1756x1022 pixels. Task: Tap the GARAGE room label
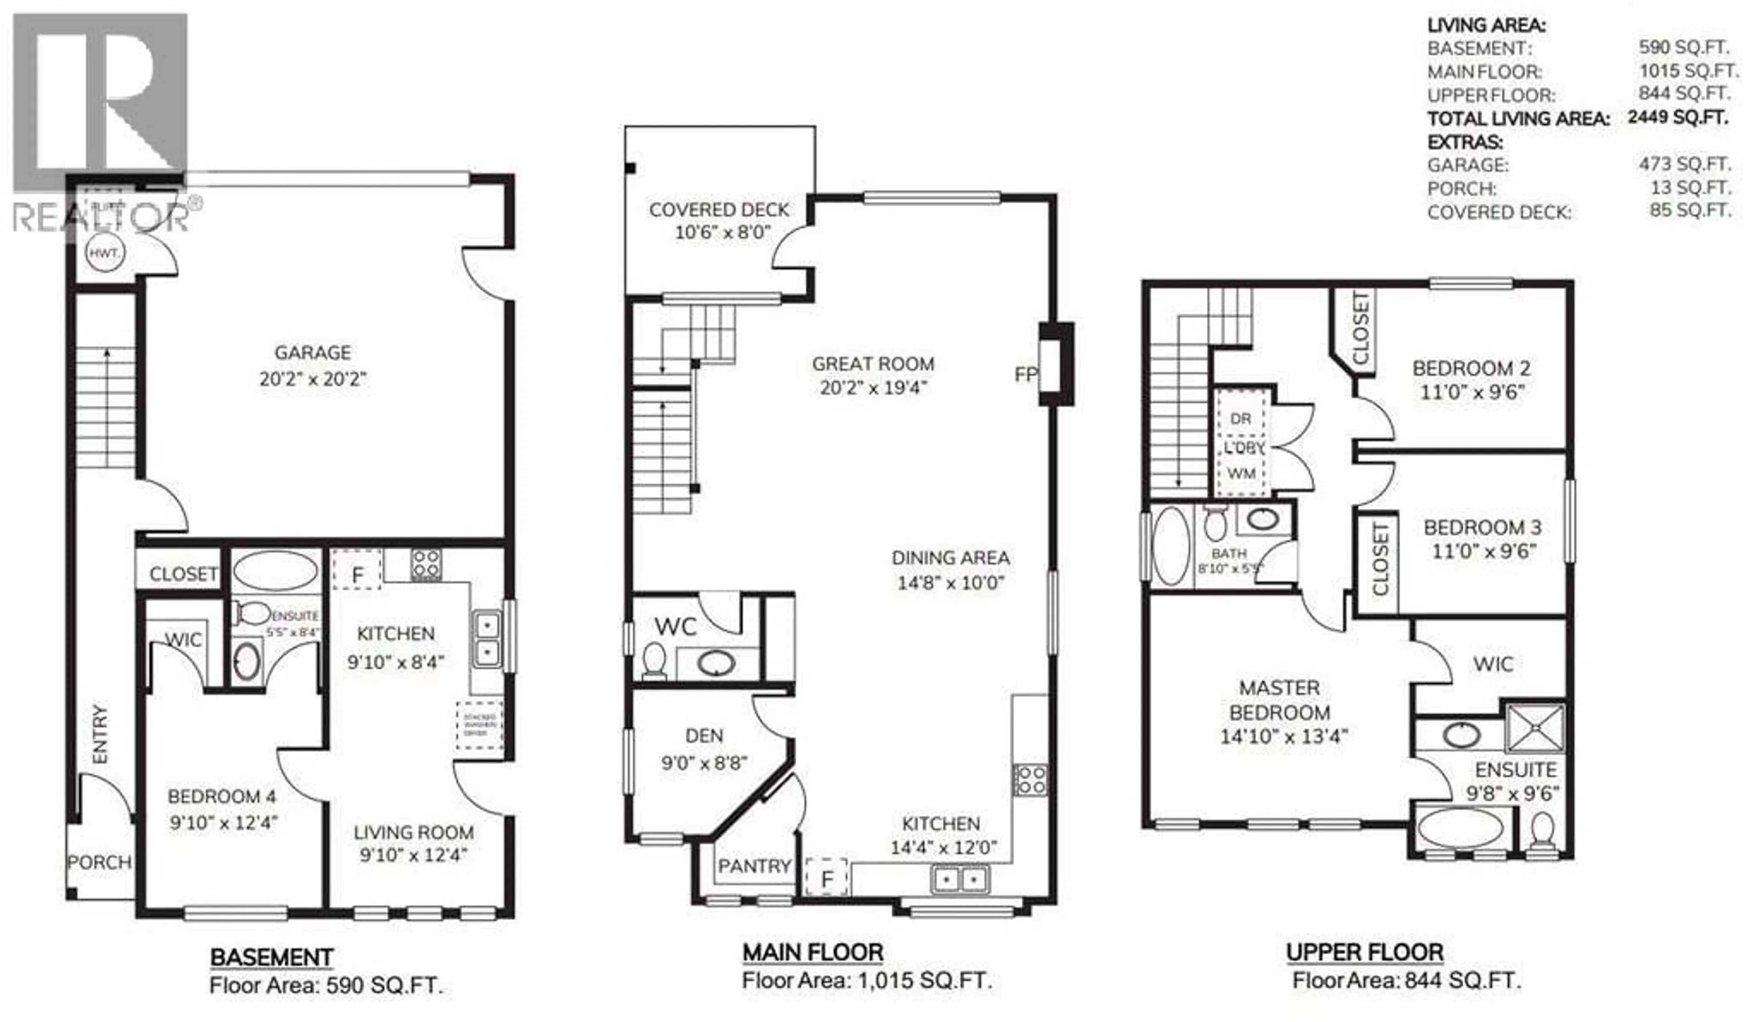[x=312, y=353]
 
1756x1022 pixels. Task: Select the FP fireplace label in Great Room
[x=1025, y=375]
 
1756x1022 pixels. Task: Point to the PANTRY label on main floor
[x=754, y=866]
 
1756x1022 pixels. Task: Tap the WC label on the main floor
[x=675, y=627]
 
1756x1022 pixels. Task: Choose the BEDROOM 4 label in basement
[x=222, y=796]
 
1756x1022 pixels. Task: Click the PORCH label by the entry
[x=99, y=862]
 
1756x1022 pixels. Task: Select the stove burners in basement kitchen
[x=425, y=564]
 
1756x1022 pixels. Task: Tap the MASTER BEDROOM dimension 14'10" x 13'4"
[x=1284, y=736]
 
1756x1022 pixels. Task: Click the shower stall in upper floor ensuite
[x=1535, y=728]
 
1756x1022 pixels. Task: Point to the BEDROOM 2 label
[x=1472, y=368]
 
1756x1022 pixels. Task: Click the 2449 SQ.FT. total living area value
[x=1677, y=117]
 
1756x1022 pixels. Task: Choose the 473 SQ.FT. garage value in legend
[x=1684, y=165]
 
